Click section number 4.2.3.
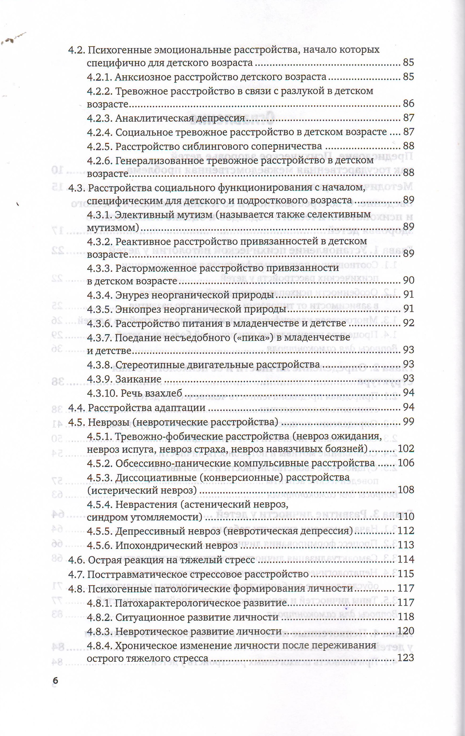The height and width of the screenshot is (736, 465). [x=100, y=118]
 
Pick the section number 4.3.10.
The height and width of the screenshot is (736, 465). [x=102, y=393]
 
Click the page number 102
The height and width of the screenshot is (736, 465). [x=406, y=449]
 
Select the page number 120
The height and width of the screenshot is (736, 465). [x=406, y=631]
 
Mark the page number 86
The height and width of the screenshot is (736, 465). [x=408, y=104]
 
